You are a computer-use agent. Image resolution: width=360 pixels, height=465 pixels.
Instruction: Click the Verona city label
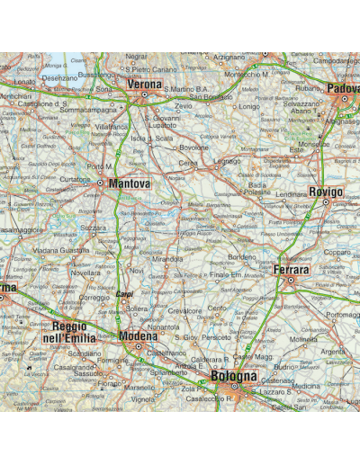(x=144, y=85)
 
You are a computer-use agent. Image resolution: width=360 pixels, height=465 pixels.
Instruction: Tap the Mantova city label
(x=129, y=183)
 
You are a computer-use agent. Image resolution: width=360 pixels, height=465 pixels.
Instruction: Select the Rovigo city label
(x=325, y=192)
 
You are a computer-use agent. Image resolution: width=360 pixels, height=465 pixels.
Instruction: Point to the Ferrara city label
(x=291, y=270)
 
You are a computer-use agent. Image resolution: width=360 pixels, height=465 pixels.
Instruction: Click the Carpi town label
(x=124, y=294)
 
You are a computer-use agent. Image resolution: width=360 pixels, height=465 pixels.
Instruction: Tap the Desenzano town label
(x=60, y=78)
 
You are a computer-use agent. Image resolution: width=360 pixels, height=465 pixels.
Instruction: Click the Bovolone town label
(x=193, y=148)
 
